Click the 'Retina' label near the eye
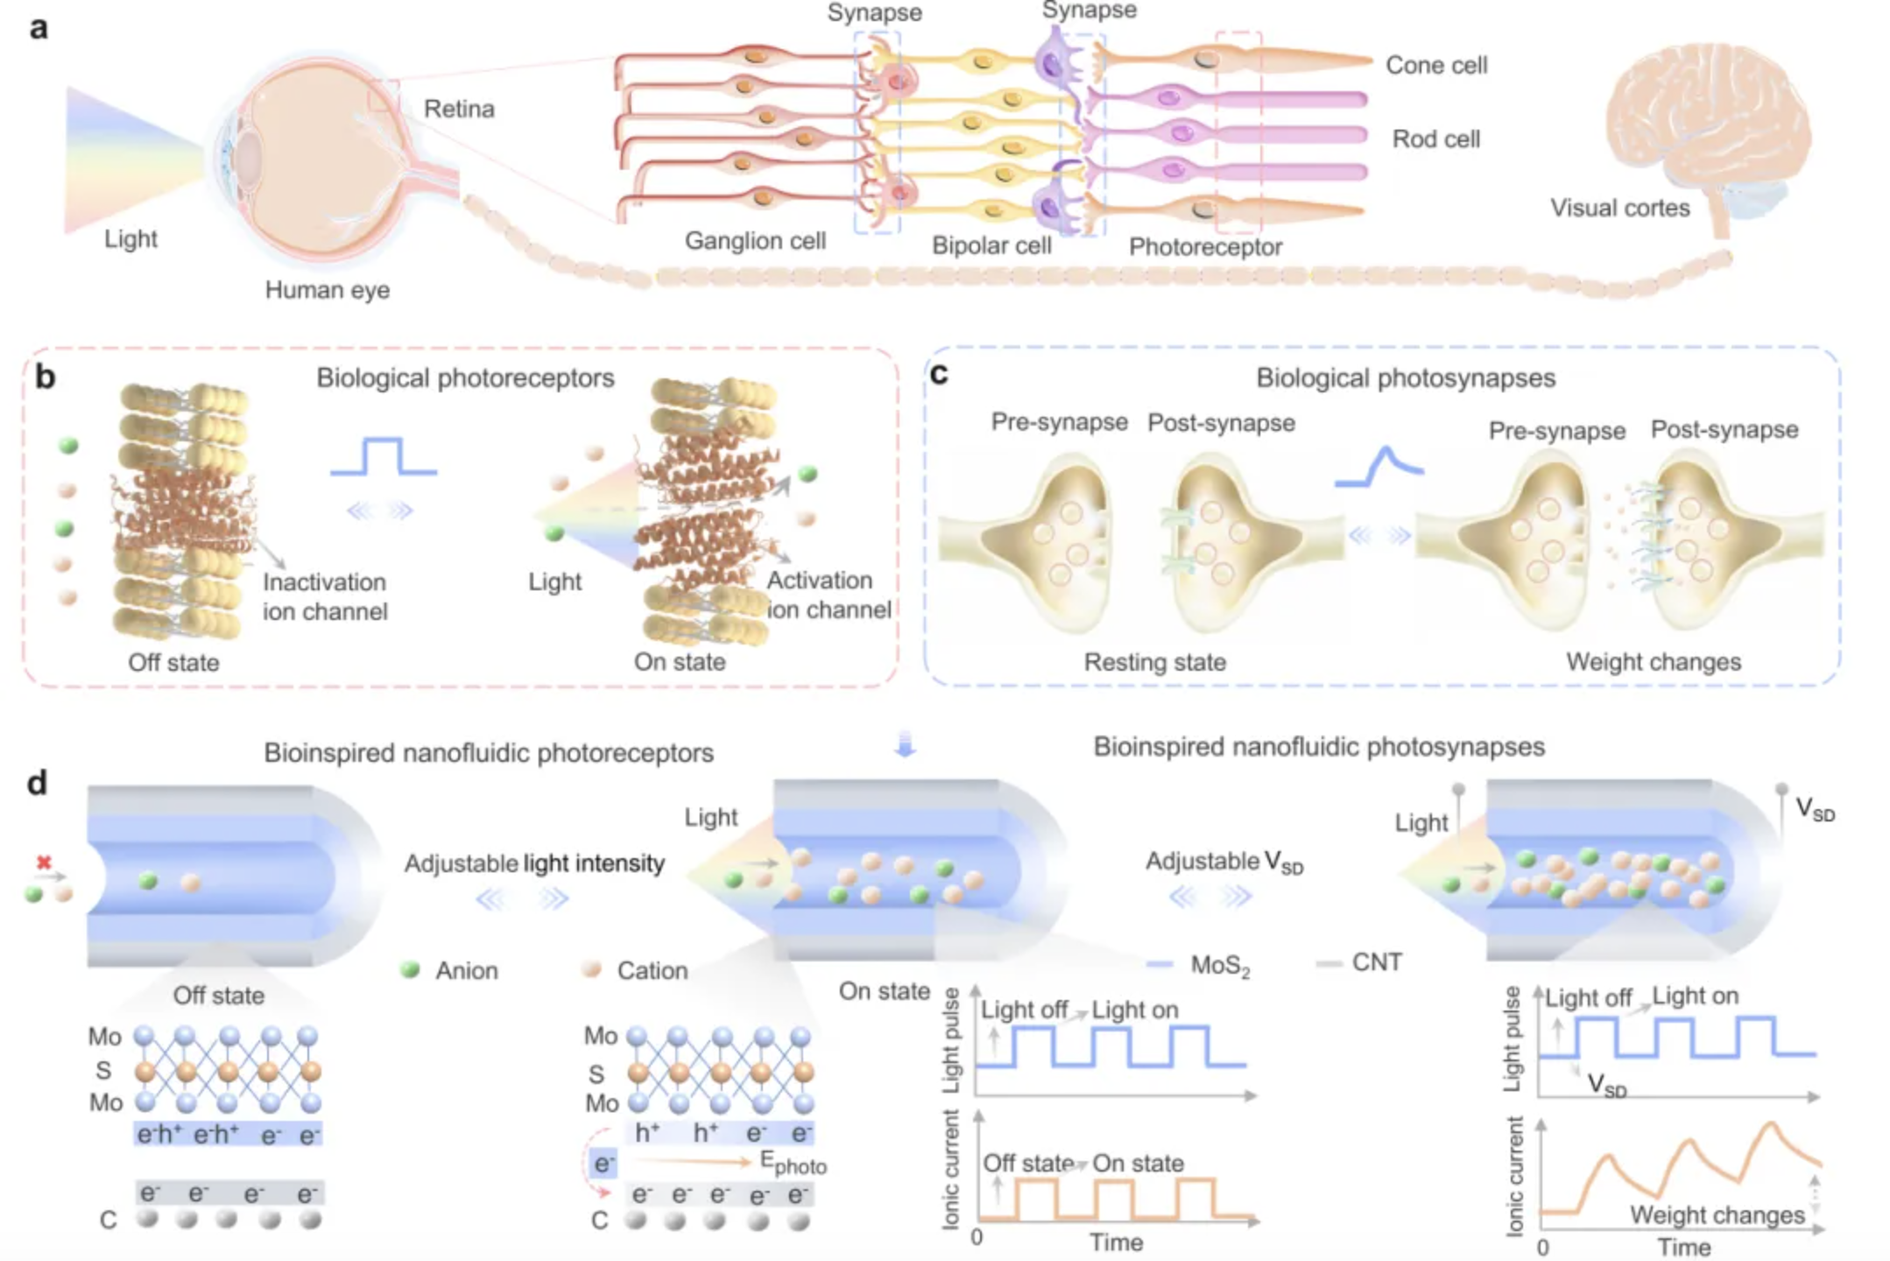pyautogui.click(x=459, y=109)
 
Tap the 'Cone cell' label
pyautogui.click(x=1436, y=66)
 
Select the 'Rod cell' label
pyautogui.click(x=1436, y=139)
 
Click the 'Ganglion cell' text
pyautogui.click(x=755, y=241)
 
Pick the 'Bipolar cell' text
pyautogui.click(x=991, y=245)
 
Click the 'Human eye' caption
pyautogui.click(x=328, y=290)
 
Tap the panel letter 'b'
pyautogui.click(x=45, y=377)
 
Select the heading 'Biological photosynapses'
pyautogui.click(x=1406, y=378)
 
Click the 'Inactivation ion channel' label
pyautogui.click(x=325, y=596)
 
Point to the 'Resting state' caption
pyautogui.click(x=1154, y=662)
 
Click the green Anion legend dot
pyautogui.click(x=410, y=969)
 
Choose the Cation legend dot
pyautogui.click(x=592, y=969)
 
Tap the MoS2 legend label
pyautogui.click(x=1220, y=965)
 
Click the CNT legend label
pyautogui.click(x=1377, y=962)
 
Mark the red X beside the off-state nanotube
pyautogui.click(x=44, y=863)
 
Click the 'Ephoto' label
pyautogui.click(x=793, y=1164)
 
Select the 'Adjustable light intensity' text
pyautogui.click(x=534, y=863)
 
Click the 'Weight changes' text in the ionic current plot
pyautogui.click(x=1717, y=1215)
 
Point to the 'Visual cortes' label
pyautogui.click(x=1620, y=208)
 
